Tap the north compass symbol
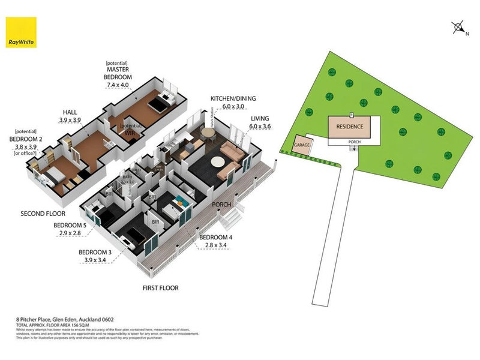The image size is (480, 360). tap(458, 27)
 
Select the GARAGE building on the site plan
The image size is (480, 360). tap(301, 146)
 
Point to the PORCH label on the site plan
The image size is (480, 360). tap(354, 142)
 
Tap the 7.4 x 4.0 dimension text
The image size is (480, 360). tap(118, 85)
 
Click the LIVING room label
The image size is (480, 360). tap(260, 119)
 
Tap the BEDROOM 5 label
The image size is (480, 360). tap(70, 226)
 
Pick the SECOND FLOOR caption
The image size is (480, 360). tap(41, 213)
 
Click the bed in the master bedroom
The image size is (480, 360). tap(157, 104)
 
